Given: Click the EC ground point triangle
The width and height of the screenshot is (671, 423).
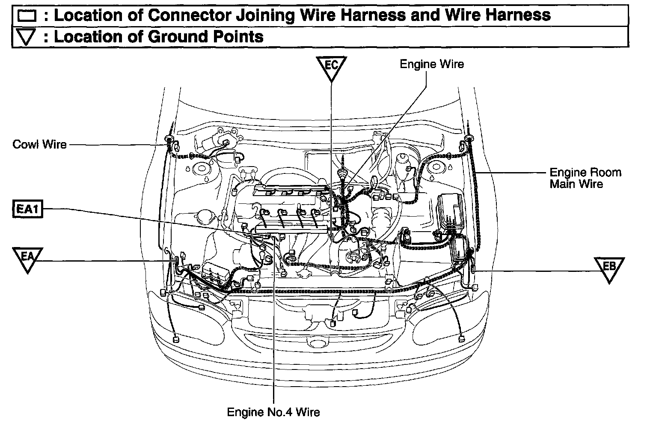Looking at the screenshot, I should coord(331,67).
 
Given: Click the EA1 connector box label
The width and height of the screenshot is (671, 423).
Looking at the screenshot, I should coord(27,209).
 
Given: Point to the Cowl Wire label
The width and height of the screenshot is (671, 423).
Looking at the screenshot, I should coord(40,144).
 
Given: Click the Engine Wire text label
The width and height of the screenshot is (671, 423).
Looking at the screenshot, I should coord(431,64).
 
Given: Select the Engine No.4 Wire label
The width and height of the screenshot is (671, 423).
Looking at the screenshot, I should coord(273,412).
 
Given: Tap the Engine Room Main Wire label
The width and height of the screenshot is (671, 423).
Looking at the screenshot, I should coord(585,178).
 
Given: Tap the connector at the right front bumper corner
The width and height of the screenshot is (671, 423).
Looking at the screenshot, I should coord(460,339).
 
